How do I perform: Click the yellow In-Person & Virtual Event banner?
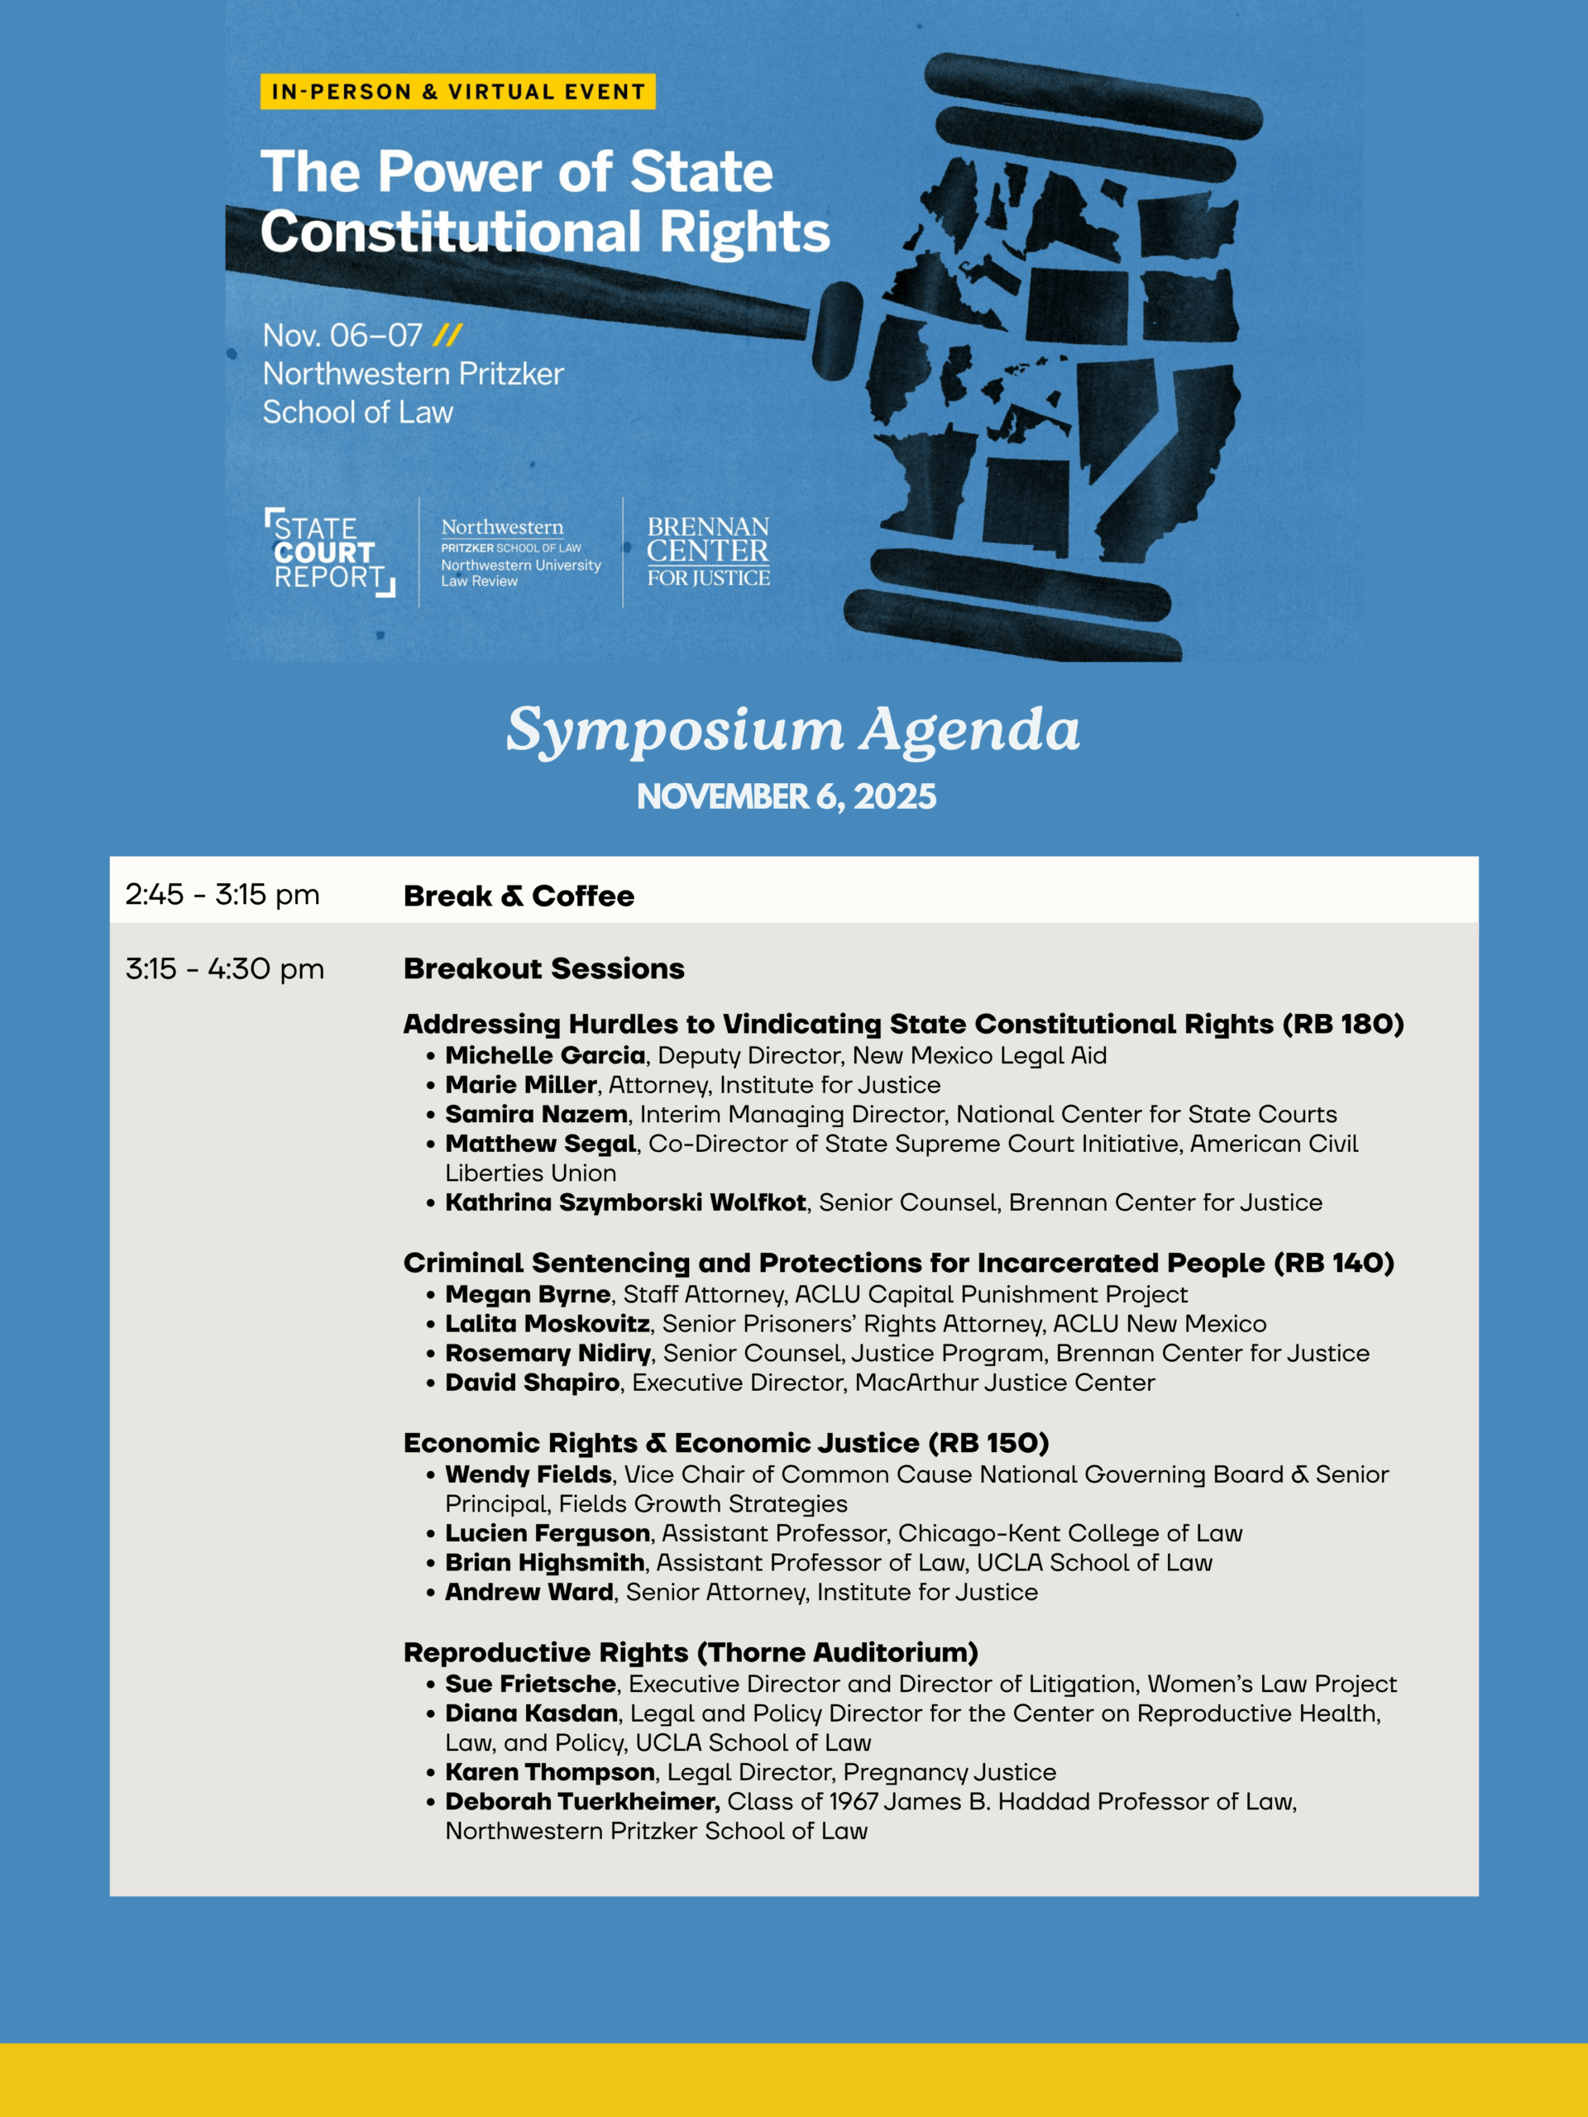point(457,92)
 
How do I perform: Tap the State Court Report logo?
point(328,553)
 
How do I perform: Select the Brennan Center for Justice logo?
point(708,552)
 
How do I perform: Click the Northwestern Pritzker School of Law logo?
point(519,553)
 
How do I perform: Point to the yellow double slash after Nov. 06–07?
point(447,336)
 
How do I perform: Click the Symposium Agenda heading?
point(792,730)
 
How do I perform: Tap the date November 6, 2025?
point(787,797)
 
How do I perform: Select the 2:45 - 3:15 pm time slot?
point(222,895)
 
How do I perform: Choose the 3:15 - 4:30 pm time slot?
point(225,969)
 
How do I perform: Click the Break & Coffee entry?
point(519,896)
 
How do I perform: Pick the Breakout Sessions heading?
point(543,969)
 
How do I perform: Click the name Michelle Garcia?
point(545,1056)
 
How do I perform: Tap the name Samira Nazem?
point(536,1115)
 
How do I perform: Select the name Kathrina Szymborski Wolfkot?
point(625,1203)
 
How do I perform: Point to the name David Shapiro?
point(532,1383)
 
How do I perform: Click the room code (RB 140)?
point(1333,1264)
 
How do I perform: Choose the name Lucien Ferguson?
point(548,1533)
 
